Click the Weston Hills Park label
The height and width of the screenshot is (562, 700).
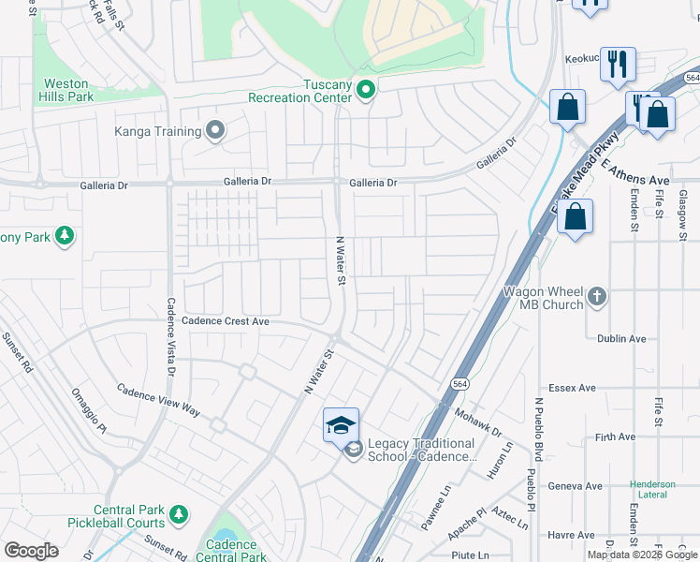tap(66, 90)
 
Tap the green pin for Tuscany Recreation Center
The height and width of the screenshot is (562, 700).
tap(366, 91)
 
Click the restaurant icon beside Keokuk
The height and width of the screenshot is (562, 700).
tap(618, 64)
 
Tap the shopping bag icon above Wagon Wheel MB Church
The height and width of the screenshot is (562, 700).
tap(576, 216)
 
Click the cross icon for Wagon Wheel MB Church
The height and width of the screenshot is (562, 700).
tap(597, 299)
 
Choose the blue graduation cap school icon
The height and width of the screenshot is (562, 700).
tap(341, 425)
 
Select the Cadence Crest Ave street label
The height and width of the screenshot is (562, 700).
tap(226, 321)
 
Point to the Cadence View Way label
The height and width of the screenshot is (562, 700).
tap(158, 400)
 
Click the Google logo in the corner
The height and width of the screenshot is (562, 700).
tap(31, 550)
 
